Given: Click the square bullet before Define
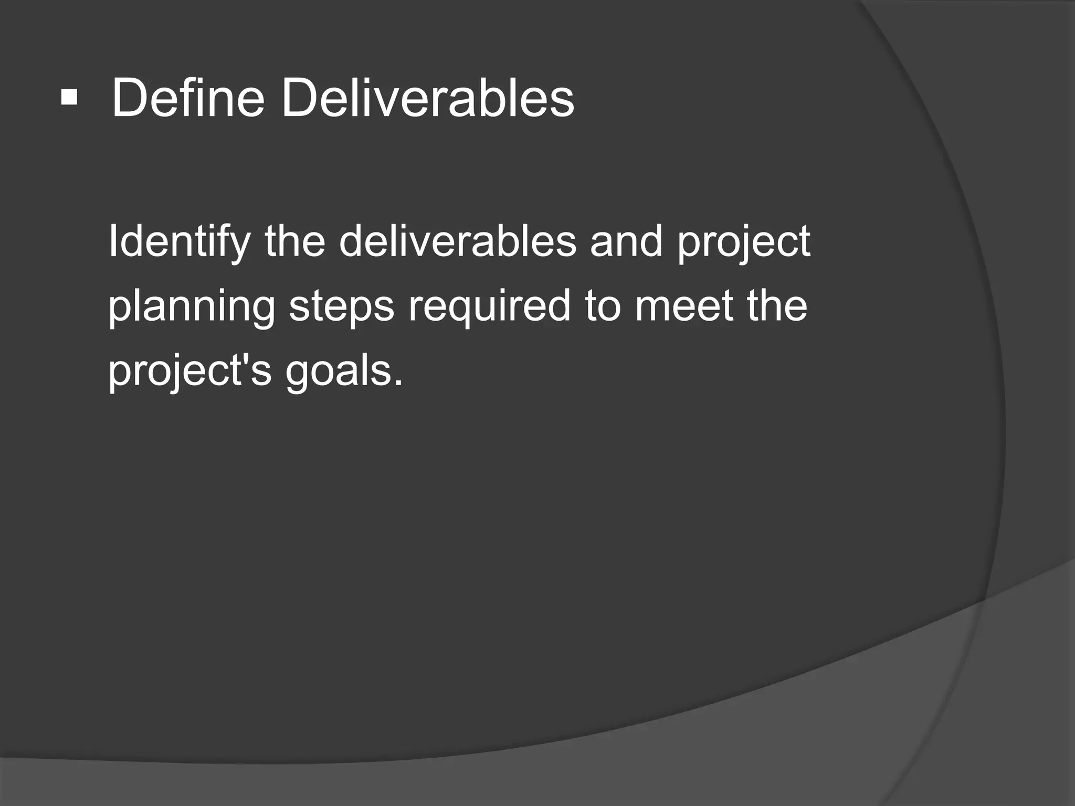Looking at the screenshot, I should point(69,98).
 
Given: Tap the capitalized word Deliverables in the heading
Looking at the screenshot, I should point(428,98).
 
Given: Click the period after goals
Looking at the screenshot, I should point(398,382).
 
